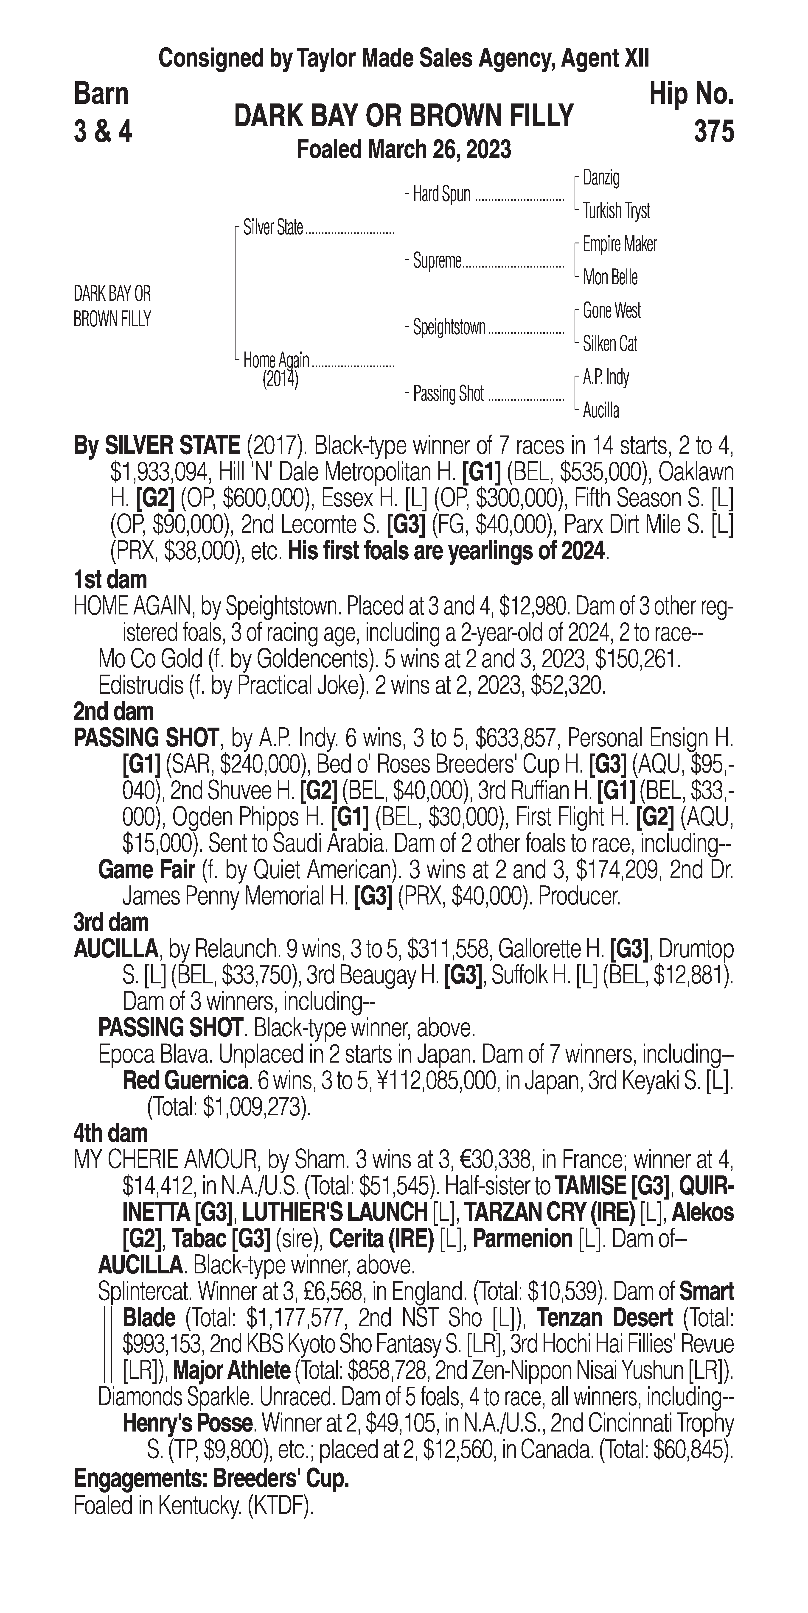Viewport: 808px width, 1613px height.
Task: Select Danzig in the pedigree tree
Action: [601, 178]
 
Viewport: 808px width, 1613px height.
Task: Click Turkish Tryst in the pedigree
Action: [616, 211]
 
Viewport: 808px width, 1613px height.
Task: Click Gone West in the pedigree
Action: [611, 311]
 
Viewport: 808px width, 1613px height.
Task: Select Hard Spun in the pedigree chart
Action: [442, 195]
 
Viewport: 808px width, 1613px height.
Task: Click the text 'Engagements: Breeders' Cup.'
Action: [211, 1478]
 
